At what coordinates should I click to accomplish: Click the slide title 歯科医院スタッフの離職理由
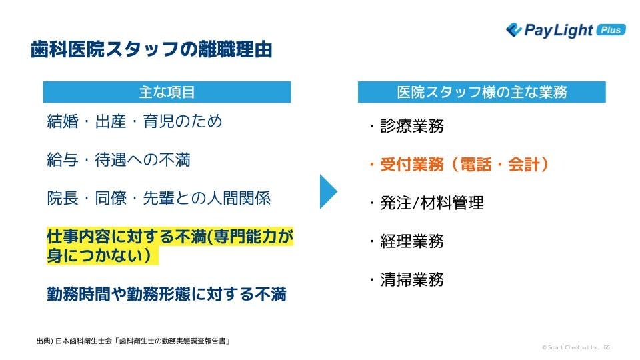(x=151, y=50)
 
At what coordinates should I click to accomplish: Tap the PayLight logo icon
(x=513, y=29)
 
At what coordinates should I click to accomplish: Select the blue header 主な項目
(x=167, y=92)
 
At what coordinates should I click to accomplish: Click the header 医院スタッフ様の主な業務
(x=481, y=92)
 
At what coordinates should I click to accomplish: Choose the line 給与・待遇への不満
(x=119, y=160)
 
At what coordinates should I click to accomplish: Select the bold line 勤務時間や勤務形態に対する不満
(x=167, y=294)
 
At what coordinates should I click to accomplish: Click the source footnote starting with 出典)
(x=133, y=341)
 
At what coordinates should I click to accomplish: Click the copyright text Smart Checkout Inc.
(x=571, y=347)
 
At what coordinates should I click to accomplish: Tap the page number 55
(x=607, y=347)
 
